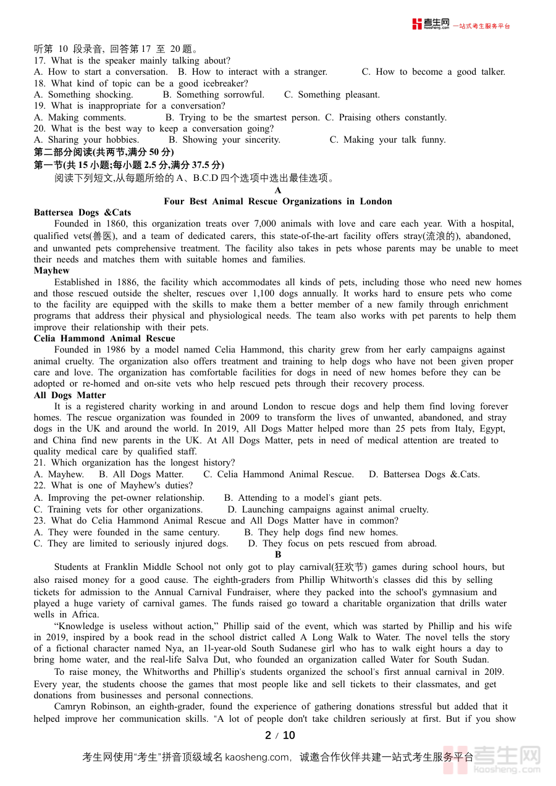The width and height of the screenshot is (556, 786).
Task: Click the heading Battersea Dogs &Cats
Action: [82, 213]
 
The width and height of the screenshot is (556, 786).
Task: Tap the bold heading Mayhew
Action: [52, 270]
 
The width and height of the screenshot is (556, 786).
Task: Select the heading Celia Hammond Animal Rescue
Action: [104, 338]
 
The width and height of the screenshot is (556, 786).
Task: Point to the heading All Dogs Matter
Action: [70, 395]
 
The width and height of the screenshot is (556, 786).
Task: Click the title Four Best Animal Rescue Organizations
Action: [278, 201]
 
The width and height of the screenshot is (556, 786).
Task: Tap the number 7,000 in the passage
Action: [265, 224]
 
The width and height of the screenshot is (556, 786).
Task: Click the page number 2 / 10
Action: [280, 735]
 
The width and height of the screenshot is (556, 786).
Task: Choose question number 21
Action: [40, 463]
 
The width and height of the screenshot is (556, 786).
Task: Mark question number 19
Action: [40, 106]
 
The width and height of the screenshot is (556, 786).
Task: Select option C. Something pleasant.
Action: [332, 94]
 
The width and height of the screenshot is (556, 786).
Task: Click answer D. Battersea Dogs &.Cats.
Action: [424, 474]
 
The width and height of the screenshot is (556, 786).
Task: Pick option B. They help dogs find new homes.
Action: [321, 532]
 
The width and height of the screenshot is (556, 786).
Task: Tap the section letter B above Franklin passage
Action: [278, 555]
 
